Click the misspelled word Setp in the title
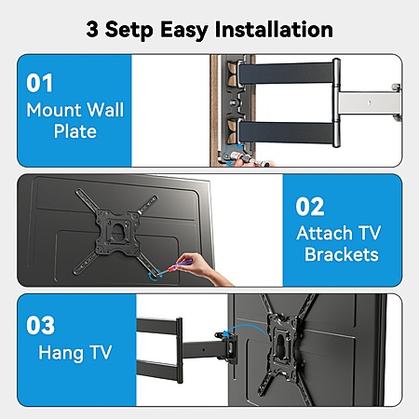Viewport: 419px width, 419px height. pyautogui.click(x=129, y=30)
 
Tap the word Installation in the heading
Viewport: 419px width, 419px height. pyautogui.click(x=274, y=30)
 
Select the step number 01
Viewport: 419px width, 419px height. pyautogui.click(x=39, y=83)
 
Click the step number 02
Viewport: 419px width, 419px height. pyautogui.click(x=310, y=207)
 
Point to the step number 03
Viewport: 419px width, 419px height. pyautogui.click(x=40, y=325)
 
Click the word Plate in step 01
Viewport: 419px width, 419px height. pyautogui.click(x=75, y=131)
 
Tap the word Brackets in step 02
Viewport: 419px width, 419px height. pyautogui.click(x=342, y=254)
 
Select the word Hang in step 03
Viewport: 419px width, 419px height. pyautogui.click(x=61, y=353)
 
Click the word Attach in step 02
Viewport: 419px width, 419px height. pyautogui.click(x=324, y=233)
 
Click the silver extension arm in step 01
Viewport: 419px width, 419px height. pyautogui.click(x=369, y=103)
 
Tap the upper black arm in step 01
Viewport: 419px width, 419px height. pyautogui.click(x=286, y=74)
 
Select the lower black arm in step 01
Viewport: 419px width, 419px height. pyautogui.click(x=286, y=132)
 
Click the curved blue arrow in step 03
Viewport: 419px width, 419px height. pyautogui.click(x=245, y=327)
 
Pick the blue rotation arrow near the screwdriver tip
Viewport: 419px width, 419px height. pyautogui.click(x=155, y=276)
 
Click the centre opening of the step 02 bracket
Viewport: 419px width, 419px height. pyautogui.click(x=118, y=231)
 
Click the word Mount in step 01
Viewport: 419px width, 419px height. pyautogui.click(x=54, y=110)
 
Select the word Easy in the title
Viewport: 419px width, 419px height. pyautogui.click(x=184, y=31)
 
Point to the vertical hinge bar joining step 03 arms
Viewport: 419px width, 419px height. pyautogui.click(x=179, y=350)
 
